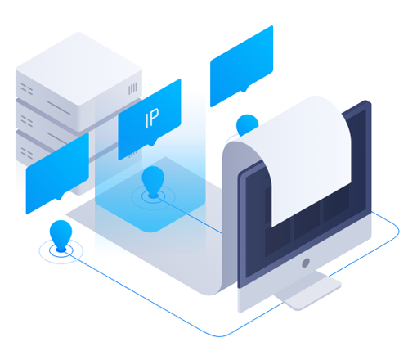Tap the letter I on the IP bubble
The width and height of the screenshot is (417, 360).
147,122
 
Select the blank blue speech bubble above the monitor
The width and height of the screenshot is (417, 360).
241,66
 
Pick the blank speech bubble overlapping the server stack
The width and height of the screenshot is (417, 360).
57,173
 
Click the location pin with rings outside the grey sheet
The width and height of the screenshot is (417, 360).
61,235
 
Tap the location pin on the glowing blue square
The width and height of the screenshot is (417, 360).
153,182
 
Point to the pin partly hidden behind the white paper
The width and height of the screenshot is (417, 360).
246,124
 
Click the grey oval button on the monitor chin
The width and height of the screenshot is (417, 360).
306,263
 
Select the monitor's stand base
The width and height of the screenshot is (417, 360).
308,292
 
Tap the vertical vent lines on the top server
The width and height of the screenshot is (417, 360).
132,88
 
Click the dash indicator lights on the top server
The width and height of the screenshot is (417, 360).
27,89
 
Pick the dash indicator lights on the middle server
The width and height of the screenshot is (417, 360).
27,121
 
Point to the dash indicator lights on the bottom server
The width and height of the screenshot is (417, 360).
27,153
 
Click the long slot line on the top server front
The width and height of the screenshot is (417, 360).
59,108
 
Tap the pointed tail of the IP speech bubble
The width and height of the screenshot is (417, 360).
152,144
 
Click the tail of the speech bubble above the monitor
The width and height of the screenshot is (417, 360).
244,90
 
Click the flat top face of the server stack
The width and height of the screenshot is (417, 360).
78,68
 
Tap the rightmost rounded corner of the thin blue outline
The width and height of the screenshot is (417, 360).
397,232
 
